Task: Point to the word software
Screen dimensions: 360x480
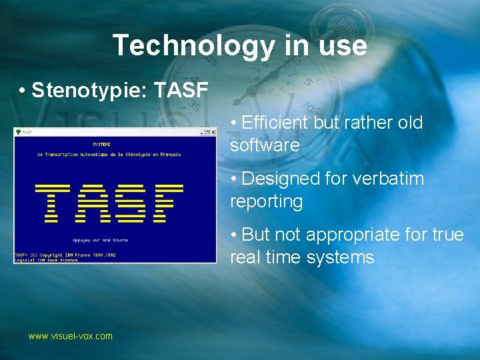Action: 265,145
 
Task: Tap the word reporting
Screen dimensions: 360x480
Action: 266,201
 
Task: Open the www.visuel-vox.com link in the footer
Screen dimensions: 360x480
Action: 70,336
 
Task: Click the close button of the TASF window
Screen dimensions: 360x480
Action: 212,133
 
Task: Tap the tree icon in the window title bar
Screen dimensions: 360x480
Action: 18,133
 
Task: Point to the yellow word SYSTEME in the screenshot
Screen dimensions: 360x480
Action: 101,143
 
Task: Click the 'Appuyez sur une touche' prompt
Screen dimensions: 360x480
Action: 101,239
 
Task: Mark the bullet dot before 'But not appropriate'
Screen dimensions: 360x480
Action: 234,235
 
